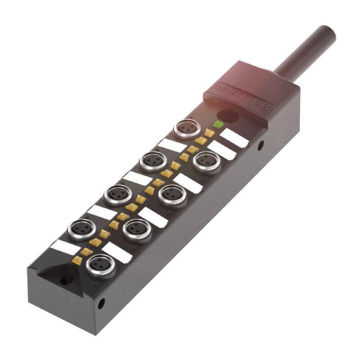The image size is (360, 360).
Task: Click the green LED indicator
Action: tap(219, 124)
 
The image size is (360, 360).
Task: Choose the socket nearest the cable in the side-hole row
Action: tap(207, 160)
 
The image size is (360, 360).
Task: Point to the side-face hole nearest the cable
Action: tap(261, 145)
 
